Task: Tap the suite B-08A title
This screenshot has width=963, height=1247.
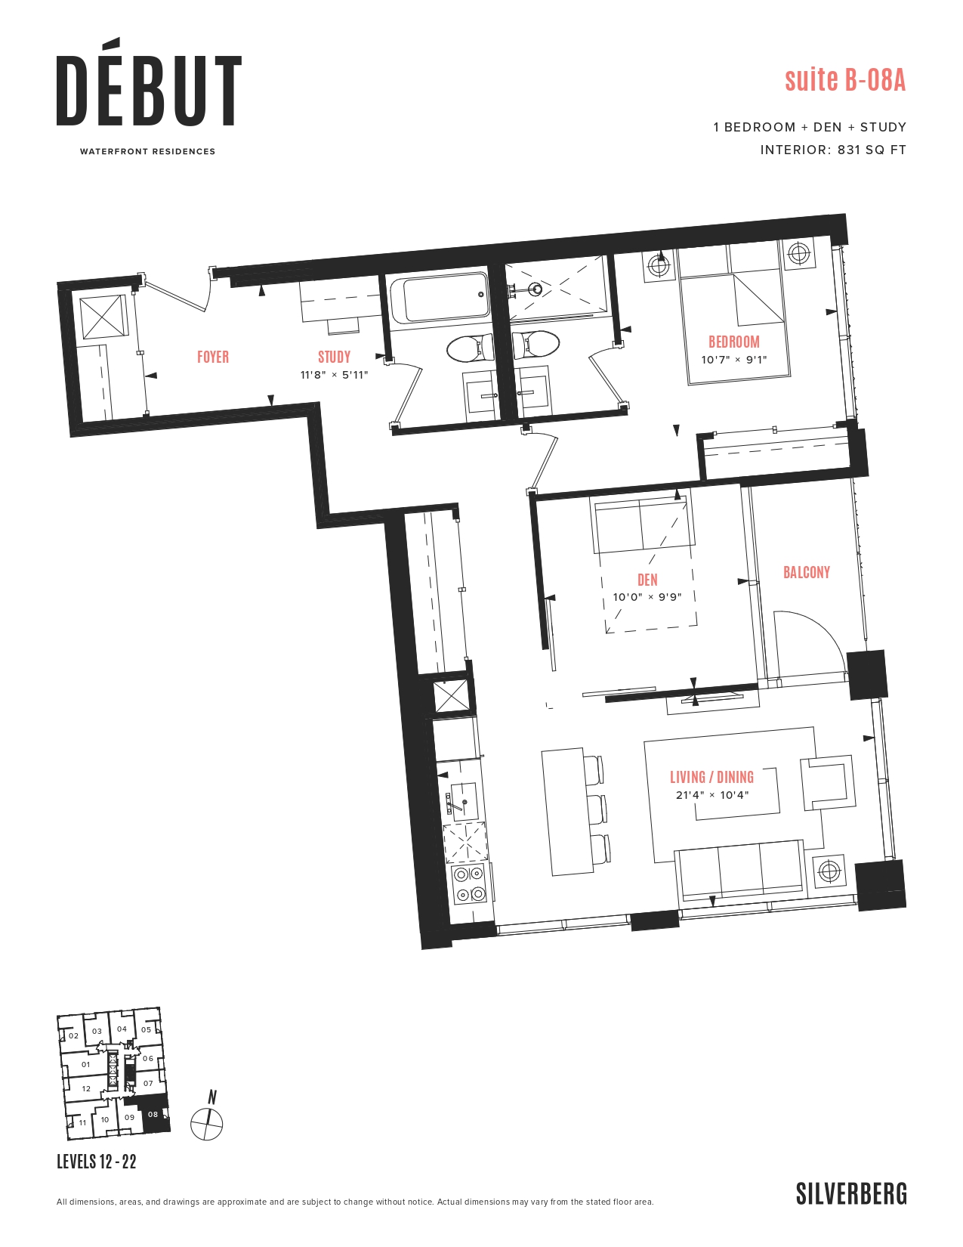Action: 844,79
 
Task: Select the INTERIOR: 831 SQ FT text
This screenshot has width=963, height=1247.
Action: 832,150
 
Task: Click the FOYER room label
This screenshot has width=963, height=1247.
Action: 212,357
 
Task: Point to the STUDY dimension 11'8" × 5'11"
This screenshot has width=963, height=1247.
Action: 334,375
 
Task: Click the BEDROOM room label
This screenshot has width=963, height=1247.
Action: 733,342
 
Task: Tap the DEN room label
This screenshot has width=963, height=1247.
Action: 647,580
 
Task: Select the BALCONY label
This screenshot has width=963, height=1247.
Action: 806,572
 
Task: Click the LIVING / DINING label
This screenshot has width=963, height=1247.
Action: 711,777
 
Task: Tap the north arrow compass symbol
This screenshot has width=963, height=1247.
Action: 207,1123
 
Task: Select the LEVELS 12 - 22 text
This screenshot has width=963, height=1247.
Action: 97,1162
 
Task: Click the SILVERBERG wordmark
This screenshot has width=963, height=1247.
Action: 851,1194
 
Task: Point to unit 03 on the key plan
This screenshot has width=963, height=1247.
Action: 97,1031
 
